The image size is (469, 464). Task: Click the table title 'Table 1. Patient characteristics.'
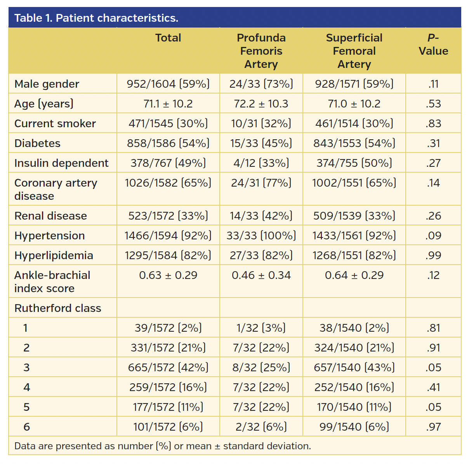pos(96,18)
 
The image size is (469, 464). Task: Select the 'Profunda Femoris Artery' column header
pos(261,51)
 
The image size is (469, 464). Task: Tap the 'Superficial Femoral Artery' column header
pos(354,51)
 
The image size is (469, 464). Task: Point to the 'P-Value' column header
pos(433,45)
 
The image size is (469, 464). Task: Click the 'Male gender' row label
pos(47,84)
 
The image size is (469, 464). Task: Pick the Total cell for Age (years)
pos(168,104)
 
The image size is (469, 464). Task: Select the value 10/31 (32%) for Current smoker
pos(261,123)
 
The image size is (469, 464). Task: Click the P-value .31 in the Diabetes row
pos(433,143)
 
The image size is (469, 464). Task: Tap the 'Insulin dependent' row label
pos(61,163)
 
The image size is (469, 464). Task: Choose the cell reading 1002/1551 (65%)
pos(354,183)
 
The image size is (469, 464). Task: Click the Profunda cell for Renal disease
pos(261,216)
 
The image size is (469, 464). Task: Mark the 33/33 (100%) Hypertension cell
pos(261,235)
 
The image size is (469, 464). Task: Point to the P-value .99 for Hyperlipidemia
pos(433,255)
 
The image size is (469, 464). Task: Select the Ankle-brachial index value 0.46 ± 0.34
pos(261,275)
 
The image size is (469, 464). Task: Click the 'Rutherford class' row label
pos(57,308)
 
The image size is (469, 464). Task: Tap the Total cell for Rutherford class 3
pos(168,367)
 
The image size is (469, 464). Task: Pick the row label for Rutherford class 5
pos(26,407)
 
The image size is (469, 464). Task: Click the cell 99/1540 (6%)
pos(354,427)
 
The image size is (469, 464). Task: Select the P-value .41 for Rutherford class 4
pos(433,387)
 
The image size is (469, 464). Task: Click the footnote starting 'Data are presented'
pos(162,446)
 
